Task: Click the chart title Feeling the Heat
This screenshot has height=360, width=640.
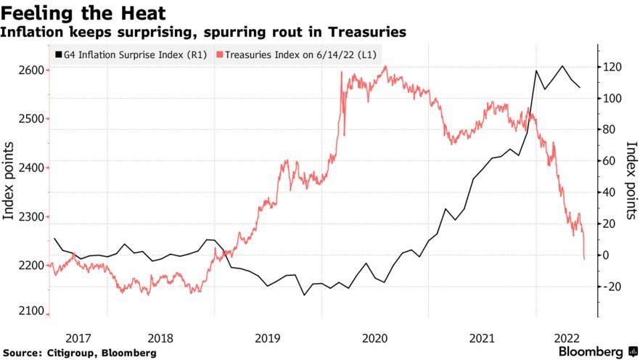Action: [x=83, y=13]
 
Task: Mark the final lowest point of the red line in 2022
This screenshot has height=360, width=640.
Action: [x=584, y=258]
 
